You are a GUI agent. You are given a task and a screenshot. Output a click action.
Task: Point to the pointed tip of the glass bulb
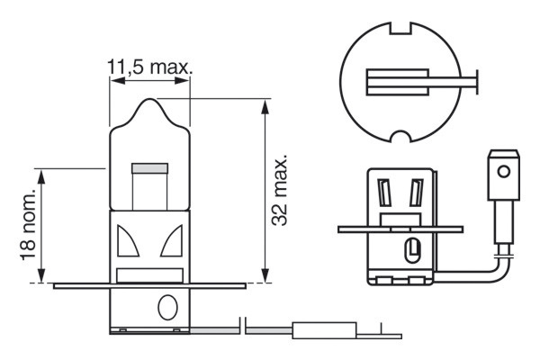point(149,103)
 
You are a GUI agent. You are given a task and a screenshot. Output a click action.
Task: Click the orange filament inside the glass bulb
point(149,168)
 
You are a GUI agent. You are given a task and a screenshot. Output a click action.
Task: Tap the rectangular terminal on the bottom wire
point(320,330)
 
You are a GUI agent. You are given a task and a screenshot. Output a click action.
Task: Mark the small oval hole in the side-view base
point(412,247)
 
